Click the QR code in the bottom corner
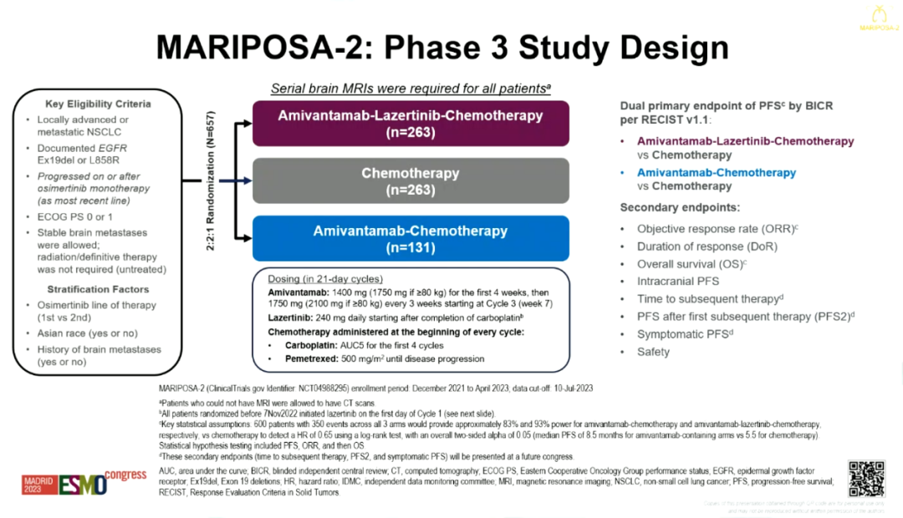click(866, 478)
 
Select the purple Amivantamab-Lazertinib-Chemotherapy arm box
click(411, 123)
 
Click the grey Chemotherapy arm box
click(411, 181)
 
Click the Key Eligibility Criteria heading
click(99, 104)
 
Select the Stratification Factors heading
click(98, 289)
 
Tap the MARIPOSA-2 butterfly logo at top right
click(878, 16)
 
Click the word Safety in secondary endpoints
click(653, 352)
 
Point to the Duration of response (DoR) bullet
click(707, 246)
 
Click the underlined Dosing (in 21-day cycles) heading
click(325, 278)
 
